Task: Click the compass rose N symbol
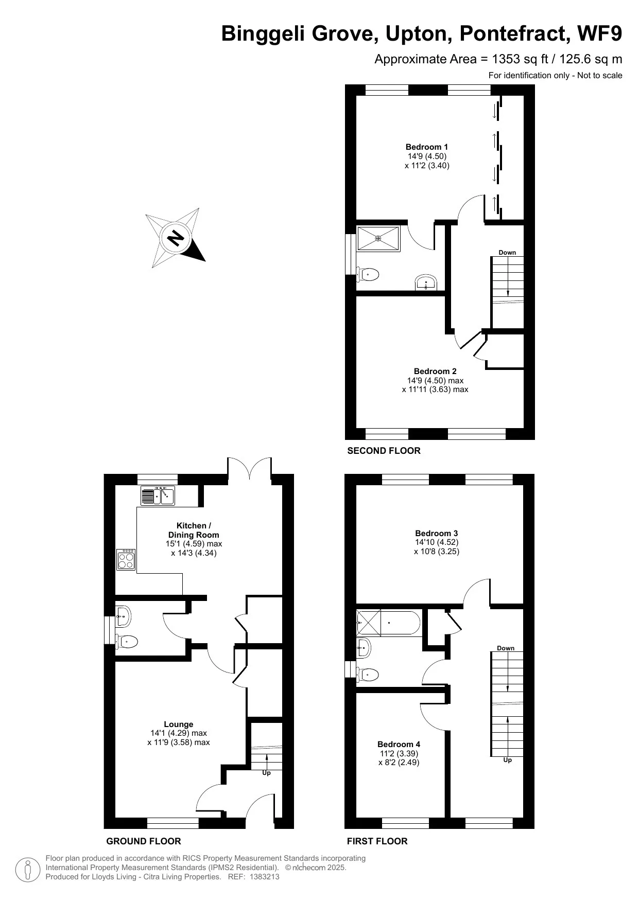[176, 238]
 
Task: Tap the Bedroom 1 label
[427, 147]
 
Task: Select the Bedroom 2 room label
[435, 371]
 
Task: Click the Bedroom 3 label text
[436, 533]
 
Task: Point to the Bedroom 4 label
[399, 744]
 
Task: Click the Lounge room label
[178, 724]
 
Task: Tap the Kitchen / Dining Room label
[194, 530]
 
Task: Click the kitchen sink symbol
[158, 495]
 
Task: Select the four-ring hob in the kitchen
[126, 560]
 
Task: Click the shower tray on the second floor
[378, 238]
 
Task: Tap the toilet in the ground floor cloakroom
[127, 642]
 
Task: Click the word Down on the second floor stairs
[507, 253]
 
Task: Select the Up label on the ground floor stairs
[266, 773]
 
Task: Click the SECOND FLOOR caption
[384, 451]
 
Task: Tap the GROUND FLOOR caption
[143, 841]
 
